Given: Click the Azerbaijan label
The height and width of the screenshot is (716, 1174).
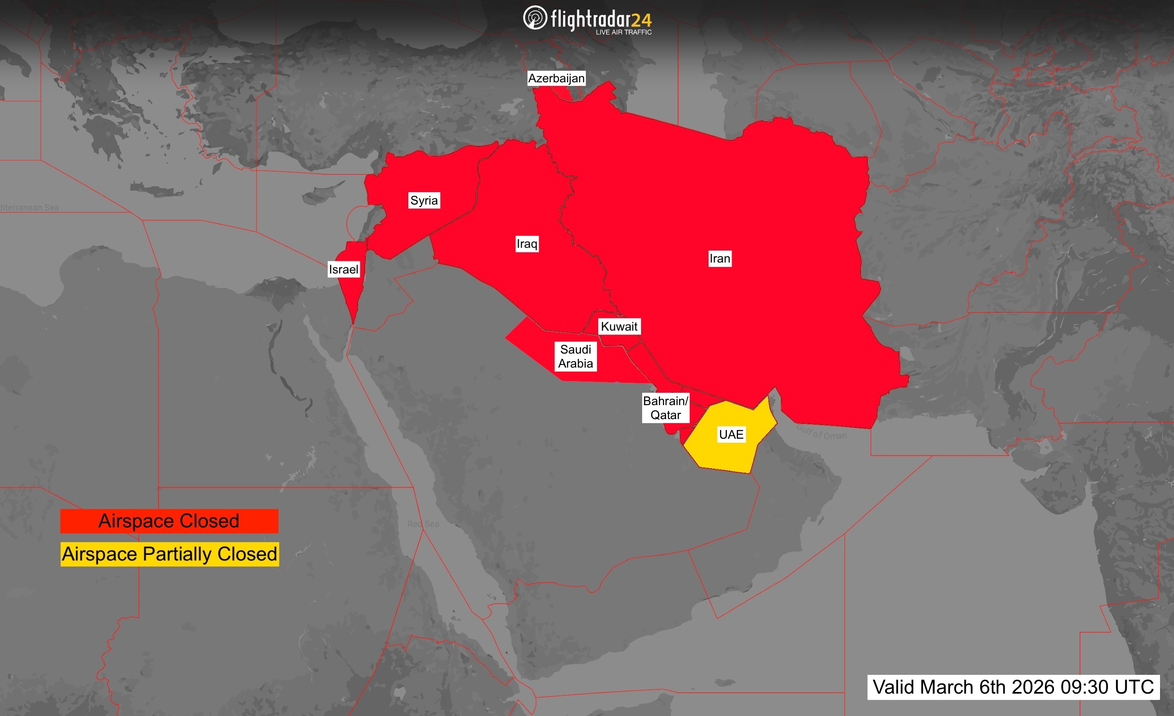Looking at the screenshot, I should coord(556,78).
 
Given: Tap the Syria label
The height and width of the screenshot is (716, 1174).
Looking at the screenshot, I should coord(424,201).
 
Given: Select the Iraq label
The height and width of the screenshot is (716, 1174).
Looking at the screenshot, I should coord(527,244).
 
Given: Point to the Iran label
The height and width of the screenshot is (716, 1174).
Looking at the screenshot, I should coord(719,259).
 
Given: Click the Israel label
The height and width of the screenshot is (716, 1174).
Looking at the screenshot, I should coord(344,270).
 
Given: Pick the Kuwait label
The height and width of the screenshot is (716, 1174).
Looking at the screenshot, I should coord(619,326).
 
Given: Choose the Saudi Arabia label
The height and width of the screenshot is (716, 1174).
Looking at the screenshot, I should coord(575,356).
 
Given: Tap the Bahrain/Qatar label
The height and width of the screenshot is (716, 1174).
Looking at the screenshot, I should coord(666,408).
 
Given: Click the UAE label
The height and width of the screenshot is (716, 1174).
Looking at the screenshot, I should coord(731,434).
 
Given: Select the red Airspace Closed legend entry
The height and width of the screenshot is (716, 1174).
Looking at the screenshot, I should coord(169,521).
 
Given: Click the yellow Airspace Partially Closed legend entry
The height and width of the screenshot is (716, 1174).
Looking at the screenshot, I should coord(169,554).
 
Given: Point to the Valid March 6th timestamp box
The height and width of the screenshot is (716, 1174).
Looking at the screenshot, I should coord(1013,687).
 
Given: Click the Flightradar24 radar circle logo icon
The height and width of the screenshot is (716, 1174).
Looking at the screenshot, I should coord(535,18).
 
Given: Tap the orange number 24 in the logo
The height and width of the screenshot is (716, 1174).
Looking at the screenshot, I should coord(641,20).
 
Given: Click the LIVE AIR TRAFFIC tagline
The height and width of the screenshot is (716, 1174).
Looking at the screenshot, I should coord(624,32).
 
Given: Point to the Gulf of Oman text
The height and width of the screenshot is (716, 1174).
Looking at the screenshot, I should coord(822,432).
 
